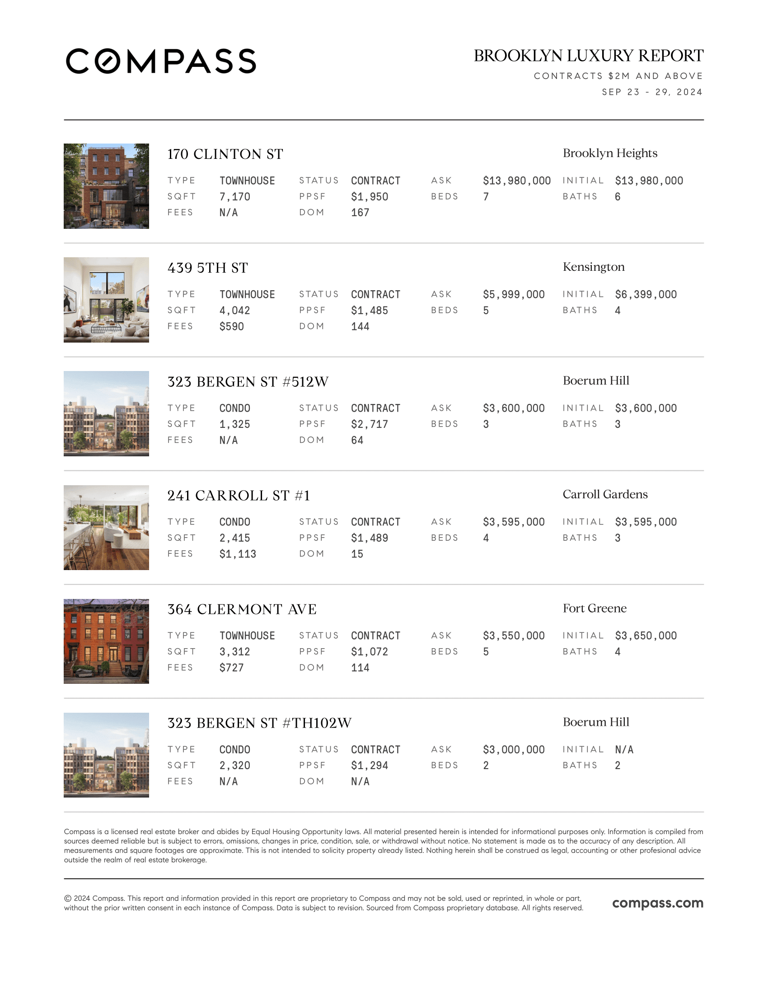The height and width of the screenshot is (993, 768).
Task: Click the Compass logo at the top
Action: [x=161, y=61]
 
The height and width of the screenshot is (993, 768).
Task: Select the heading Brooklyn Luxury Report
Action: [x=588, y=56]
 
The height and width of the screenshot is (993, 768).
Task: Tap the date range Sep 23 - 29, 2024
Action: [x=652, y=92]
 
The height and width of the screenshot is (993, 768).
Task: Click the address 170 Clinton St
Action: [x=225, y=154]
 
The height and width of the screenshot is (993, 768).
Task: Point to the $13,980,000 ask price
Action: [x=516, y=181]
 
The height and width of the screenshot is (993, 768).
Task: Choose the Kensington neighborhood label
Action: [x=593, y=267]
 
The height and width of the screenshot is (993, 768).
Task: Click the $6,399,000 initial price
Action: [x=646, y=295]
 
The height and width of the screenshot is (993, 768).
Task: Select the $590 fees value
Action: [x=232, y=326]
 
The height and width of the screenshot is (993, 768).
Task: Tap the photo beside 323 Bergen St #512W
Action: [x=106, y=414]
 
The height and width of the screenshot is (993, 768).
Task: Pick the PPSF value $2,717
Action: [x=370, y=424]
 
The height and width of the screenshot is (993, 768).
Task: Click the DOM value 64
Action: [x=357, y=440]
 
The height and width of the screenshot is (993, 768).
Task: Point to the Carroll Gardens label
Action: [x=604, y=494]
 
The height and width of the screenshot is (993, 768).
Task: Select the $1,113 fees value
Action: [x=238, y=554]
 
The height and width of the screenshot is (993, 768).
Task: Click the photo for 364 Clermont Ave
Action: [x=106, y=641]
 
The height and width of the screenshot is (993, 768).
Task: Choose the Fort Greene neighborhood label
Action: [x=594, y=608]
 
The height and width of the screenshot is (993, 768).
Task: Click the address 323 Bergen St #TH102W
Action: [x=259, y=723]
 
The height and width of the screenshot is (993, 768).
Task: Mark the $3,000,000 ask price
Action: [x=514, y=749]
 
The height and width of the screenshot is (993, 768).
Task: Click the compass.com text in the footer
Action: [x=657, y=903]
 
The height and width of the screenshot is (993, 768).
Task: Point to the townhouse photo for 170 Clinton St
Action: [x=106, y=186]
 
